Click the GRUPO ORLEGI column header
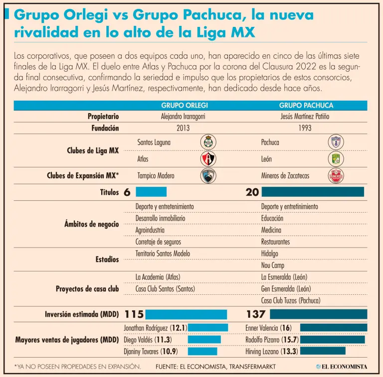pyautogui.click(x=185, y=106)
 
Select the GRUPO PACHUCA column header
pyautogui.click(x=306, y=106)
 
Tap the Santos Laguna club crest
pyautogui.click(x=208, y=142)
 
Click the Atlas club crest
pyautogui.click(x=208, y=159)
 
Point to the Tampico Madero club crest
pyautogui.click(x=208, y=176)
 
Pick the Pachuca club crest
pyautogui.click(x=336, y=142)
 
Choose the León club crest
pyautogui.click(x=336, y=159)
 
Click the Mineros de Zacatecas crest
pyautogui.click(x=336, y=176)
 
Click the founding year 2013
pyautogui.click(x=183, y=128)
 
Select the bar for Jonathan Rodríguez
pyautogui.click(x=208, y=328)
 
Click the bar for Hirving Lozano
pyautogui.click(x=323, y=351)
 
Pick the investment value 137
pyautogui.click(x=256, y=314)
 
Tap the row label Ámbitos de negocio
pyautogui.click(x=92, y=224)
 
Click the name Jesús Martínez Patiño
pyautogui.click(x=305, y=117)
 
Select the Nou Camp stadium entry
pyautogui.click(x=273, y=265)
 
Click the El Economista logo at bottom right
pyautogui.click(x=342, y=367)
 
